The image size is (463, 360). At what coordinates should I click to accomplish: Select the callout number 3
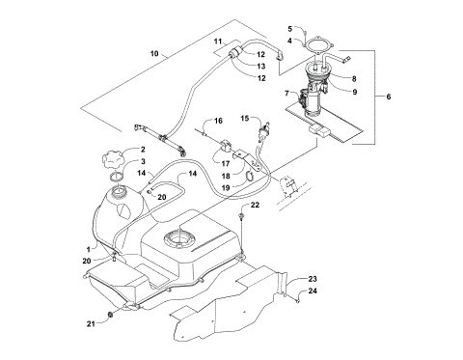click(x=142, y=162)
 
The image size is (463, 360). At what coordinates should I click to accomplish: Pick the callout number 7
click(x=286, y=94)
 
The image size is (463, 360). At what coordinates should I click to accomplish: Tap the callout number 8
click(x=354, y=78)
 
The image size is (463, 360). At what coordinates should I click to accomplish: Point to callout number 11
click(x=219, y=42)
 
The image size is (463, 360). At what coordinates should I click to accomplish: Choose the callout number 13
click(x=261, y=66)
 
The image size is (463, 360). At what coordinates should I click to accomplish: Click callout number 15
click(x=245, y=118)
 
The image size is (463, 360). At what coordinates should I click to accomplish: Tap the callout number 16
click(x=218, y=121)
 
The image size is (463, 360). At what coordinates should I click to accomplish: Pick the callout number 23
click(x=312, y=279)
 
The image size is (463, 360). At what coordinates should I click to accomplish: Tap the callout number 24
click(x=312, y=291)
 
